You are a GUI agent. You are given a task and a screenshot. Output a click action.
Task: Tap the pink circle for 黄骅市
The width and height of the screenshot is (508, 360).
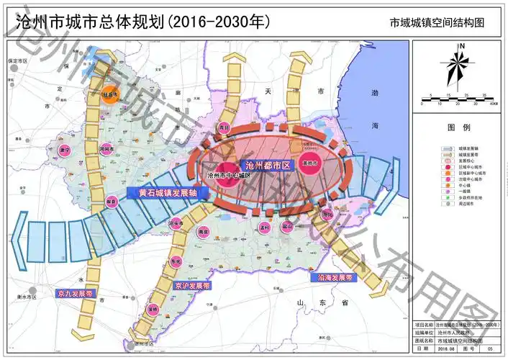pyautogui.click(x=310, y=163)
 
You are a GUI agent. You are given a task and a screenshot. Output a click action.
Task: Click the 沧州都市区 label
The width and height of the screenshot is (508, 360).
pyautogui.click(x=267, y=166)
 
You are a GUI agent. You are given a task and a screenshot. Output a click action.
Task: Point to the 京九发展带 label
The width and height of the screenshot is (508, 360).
pyautogui.click(x=75, y=294)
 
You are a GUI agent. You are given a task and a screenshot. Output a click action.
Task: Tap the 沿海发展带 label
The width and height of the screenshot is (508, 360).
pyautogui.click(x=335, y=276)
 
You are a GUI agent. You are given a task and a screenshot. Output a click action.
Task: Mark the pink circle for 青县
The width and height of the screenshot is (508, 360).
pyautogui.click(x=224, y=128)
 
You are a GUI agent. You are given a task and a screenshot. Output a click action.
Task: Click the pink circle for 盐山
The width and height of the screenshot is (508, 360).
pyautogui.click(x=288, y=230)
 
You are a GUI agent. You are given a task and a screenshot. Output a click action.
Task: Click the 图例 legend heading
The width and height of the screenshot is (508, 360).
pyautogui.click(x=458, y=127)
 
